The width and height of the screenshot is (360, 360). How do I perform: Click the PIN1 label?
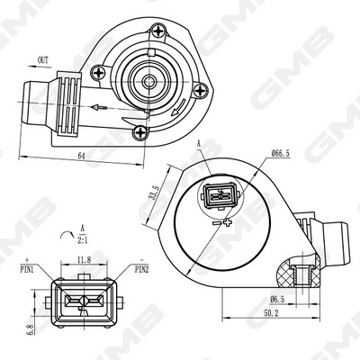(23, 268)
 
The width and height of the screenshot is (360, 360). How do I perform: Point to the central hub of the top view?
(147, 81)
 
